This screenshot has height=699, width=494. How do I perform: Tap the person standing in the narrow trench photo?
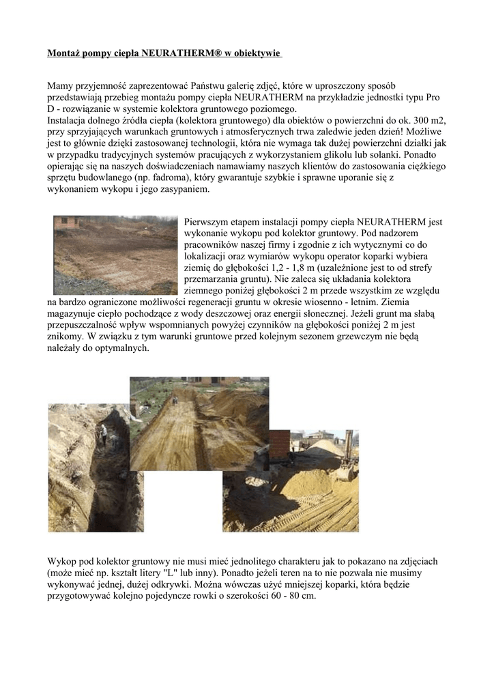click(x=102, y=434)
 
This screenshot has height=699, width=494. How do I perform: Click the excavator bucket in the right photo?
click(x=345, y=471)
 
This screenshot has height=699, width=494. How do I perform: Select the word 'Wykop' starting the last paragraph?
click(x=62, y=560)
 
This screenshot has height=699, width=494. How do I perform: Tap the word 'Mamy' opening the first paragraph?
click(x=60, y=85)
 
